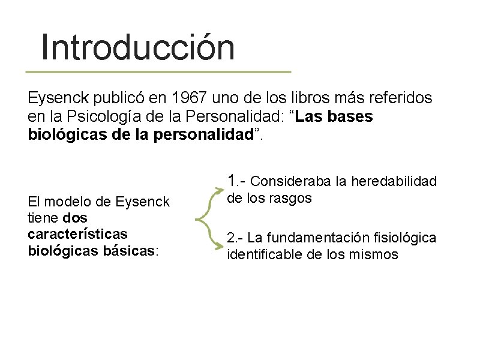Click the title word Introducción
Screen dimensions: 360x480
(x=137, y=48)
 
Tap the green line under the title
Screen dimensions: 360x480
(x=158, y=71)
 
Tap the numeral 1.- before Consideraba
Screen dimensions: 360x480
(x=236, y=181)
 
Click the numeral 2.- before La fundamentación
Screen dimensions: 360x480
(x=235, y=238)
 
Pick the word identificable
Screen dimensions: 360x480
(x=265, y=254)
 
